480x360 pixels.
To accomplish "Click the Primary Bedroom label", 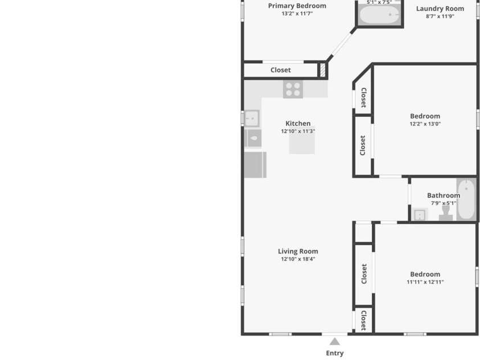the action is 297,6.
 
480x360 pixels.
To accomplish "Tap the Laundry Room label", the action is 440,9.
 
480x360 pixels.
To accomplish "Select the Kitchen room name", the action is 298,124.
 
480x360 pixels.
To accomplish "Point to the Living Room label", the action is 298,251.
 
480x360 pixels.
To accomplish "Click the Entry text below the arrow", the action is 335,353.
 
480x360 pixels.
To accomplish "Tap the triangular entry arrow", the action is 335,341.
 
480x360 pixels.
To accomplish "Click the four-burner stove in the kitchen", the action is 293,89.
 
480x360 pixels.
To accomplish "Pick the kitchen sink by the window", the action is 252,118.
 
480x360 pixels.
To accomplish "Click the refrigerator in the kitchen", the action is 255,165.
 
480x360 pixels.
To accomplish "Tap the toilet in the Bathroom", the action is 446,213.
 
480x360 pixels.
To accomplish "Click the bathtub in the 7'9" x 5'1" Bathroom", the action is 466,199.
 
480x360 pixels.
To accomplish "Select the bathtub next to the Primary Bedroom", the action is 380,15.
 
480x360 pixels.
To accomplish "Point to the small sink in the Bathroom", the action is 420,214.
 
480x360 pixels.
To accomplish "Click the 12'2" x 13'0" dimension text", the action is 425,124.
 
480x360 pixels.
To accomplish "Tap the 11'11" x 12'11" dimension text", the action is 425,282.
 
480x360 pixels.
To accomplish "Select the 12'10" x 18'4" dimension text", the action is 298,259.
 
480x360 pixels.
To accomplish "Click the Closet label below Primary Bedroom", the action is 280,70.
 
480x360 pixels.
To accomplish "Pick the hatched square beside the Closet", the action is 323,70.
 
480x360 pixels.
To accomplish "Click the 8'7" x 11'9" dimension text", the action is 440,16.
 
